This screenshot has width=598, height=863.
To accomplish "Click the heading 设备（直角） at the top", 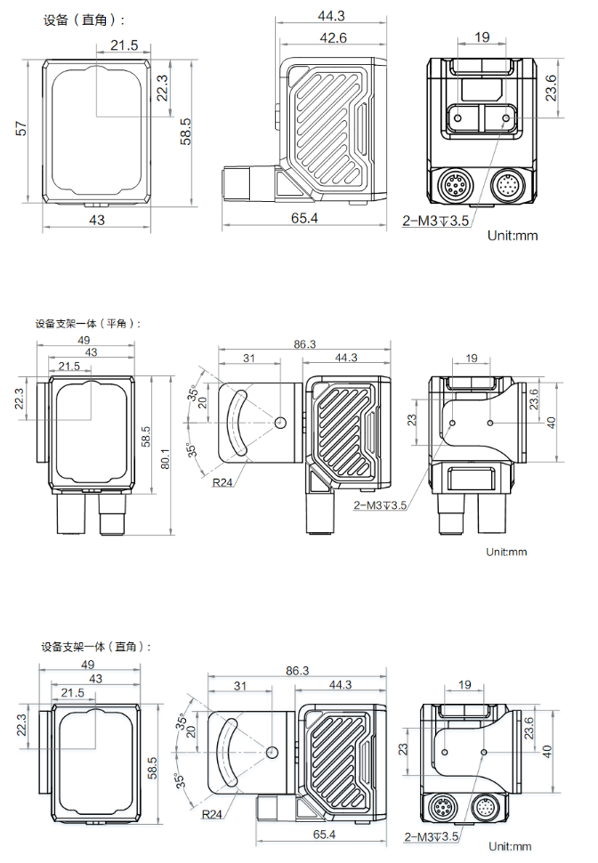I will [85, 20].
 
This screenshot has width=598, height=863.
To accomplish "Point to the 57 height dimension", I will [20, 128].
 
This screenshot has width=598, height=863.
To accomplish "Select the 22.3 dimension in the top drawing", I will [163, 88].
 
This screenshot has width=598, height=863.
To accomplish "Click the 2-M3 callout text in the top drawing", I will [435, 221].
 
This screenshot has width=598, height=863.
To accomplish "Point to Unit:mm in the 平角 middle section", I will [506, 552].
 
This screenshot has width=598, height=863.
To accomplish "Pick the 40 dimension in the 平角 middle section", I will [551, 422].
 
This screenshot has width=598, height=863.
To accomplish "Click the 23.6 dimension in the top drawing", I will [551, 87].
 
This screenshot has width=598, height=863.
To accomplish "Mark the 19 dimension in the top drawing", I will [481, 37].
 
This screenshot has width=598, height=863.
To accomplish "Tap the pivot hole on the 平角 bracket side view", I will [281, 422].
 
